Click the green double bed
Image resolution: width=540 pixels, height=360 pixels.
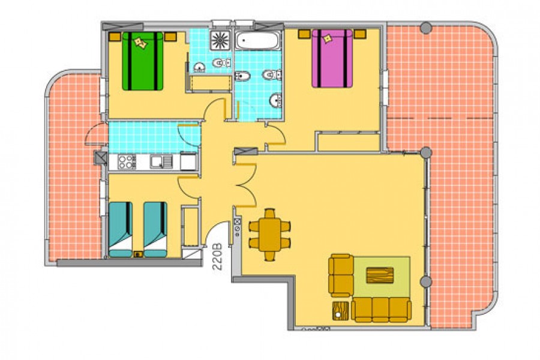[143, 61]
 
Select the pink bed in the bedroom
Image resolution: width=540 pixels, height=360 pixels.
[332, 58]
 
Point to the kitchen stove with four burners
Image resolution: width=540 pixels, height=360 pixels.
[127, 162]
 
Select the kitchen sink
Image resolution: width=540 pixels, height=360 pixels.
[161, 162]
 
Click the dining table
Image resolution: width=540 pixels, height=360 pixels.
[270, 235]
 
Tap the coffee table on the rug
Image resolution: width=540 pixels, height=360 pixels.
[380, 275]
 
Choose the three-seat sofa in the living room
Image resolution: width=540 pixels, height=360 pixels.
[381, 310]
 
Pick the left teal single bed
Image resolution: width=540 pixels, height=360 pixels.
[121, 229]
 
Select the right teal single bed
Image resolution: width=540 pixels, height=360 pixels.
[155, 229]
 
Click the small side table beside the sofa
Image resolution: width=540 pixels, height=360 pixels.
[340, 311]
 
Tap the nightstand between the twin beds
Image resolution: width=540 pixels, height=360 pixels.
[138, 254]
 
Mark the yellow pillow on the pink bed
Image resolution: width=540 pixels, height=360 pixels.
[327, 38]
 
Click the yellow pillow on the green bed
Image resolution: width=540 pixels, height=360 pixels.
[141, 43]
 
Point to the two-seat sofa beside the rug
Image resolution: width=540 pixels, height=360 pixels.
[341, 275]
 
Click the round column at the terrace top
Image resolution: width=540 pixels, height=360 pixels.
[426, 28]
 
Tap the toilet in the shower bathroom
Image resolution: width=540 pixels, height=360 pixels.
[221, 63]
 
